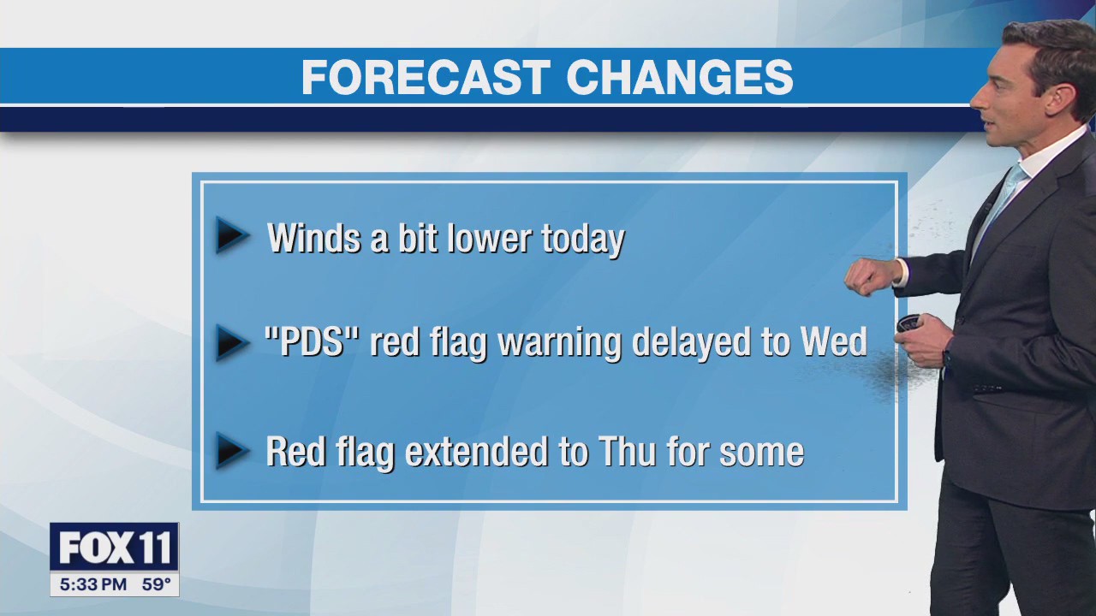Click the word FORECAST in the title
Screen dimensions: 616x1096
click(425, 78)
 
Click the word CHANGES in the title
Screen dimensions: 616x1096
click(679, 78)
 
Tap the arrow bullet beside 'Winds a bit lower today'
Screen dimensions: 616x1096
click(231, 236)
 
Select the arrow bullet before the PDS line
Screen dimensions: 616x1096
click(231, 342)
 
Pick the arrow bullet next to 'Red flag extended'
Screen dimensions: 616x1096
click(231, 451)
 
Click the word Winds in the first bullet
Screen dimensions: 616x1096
click(314, 238)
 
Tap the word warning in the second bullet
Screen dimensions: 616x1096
click(560, 344)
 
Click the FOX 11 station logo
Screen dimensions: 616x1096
click(114, 548)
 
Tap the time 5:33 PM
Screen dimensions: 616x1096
click(93, 585)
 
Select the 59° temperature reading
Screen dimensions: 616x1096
click(156, 585)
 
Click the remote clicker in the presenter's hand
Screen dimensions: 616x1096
click(908, 323)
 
